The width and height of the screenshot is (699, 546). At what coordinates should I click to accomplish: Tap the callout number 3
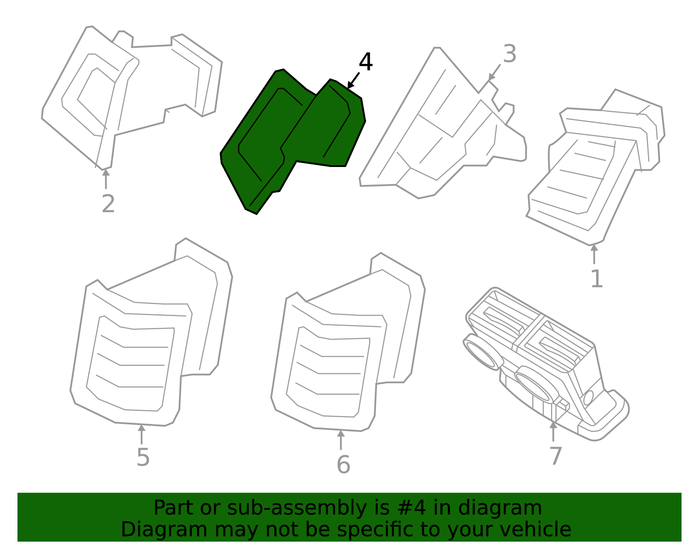pos(509,54)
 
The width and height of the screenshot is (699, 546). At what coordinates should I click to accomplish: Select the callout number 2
pos(108,204)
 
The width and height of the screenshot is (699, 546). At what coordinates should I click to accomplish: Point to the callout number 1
pos(597,278)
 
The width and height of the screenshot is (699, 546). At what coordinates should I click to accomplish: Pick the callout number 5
pos(143,457)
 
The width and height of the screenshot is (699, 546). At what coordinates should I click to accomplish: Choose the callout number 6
pos(343,465)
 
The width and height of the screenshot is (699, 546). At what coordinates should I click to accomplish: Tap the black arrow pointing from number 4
pos(353,80)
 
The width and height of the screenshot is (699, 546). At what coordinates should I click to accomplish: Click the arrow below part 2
pos(106,179)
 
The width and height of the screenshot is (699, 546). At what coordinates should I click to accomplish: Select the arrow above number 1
pos(594,254)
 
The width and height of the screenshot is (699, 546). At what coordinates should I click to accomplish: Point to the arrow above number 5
pos(142,435)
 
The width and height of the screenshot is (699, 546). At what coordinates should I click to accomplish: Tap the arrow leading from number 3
pos(495,73)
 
